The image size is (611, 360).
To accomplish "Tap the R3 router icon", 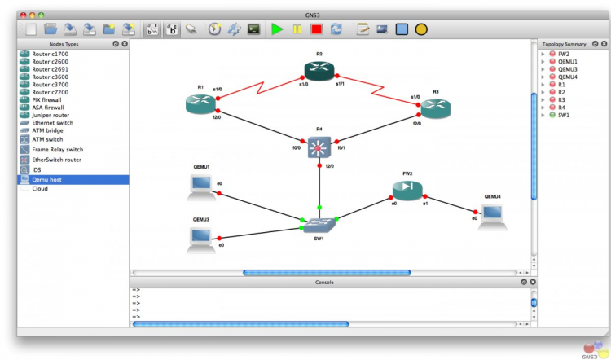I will pyautogui.click(x=435, y=107).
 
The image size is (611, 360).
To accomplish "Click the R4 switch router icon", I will pyautogui.click(x=319, y=147).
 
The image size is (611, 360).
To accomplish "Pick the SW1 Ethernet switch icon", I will pyautogui.click(x=319, y=222).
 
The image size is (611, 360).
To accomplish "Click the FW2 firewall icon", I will pyautogui.click(x=407, y=189).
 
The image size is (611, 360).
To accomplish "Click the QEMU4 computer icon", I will pyautogui.click(x=492, y=213).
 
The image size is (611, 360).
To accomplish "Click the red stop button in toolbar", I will pyautogui.click(x=316, y=29).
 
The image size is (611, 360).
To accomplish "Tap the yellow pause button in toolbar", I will pyautogui.click(x=297, y=29).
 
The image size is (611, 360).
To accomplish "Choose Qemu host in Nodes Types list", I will pyautogui.click(x=47, y=179).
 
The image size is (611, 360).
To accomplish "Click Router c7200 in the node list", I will pyautogui.click(x=51, y=92).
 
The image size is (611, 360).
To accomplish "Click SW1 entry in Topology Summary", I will pyautogui.click(x=564, y=115).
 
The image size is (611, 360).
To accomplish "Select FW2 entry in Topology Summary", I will pyautogui.click(x=564, y=54).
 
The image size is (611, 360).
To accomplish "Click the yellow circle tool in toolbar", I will pyautogui.click(x=421, y=29).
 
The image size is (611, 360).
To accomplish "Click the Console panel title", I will pyautogui.click(x=323, y=282).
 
